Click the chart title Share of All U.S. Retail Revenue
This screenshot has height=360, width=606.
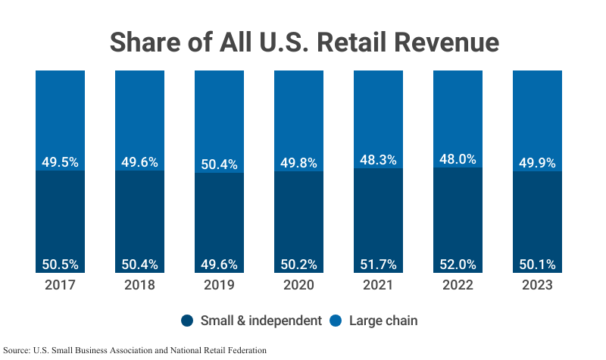point(303,41)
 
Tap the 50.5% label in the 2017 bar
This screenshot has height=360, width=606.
point(60,265)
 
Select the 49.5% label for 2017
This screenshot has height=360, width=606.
point(60,161)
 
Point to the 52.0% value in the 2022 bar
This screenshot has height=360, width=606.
point(458,265)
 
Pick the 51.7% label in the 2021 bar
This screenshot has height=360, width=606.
point(378,265)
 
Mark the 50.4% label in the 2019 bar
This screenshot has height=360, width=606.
point(219,164)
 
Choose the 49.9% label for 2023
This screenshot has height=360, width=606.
point(537,162)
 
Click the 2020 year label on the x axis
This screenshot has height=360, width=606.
point(298,286)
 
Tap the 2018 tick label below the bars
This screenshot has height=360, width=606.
point(139,286)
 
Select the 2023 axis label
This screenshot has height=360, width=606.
point(537,286)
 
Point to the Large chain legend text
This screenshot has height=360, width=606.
point(383,321)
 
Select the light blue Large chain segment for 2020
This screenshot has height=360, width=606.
point(298,114)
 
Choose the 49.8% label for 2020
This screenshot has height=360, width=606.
point(298,162)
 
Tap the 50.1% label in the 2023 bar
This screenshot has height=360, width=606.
point(537,265)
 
